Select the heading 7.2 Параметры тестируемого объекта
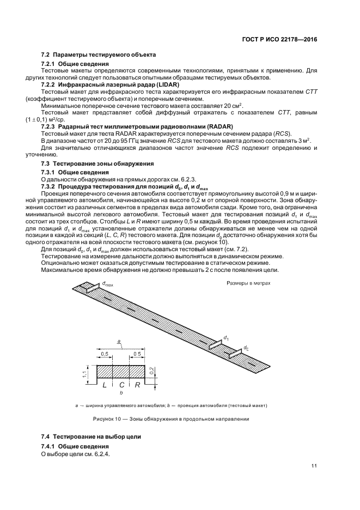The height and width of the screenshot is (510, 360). [99, 55]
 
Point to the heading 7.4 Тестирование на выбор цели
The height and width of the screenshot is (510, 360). [91, 437]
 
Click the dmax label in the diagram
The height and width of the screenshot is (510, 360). [107, 284]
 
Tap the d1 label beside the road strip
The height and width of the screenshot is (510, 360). [225, 338]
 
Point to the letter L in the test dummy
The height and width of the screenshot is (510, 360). [104, 385]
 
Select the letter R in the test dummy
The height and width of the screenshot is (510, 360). [138, 385]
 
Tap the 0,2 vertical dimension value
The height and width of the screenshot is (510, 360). [158, 370]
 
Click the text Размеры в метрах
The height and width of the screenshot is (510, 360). [249, 284]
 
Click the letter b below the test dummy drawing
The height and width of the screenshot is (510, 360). [121, 392]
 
